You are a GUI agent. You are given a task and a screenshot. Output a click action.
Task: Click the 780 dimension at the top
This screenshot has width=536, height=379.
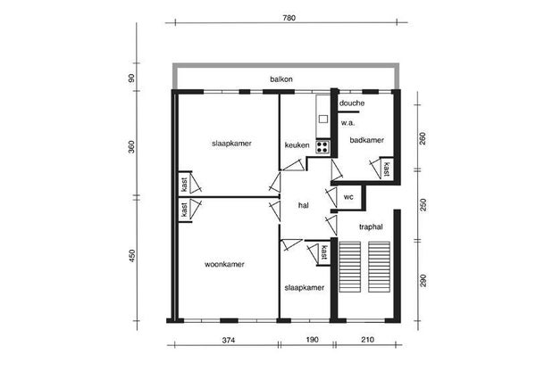pyautogui.click(x=289, y=18)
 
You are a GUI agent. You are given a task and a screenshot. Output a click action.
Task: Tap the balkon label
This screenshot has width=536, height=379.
pyautogui.click(x=281, y=79)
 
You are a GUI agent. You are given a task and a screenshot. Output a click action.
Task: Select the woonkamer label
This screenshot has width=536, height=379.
pyautogui.click(x=224, y=264)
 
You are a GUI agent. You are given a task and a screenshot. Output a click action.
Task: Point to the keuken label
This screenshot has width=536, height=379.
pyautogui.click(x=297, y=145)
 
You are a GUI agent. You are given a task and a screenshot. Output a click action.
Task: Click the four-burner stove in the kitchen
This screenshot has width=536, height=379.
pyautogui.click(x=322, y=147)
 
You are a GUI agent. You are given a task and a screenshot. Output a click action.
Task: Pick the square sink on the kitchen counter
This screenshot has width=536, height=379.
pyautogui.click(x=323, y=119)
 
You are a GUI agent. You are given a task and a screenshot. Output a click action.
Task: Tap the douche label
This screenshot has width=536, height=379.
pyautogui.click(x=352, y=103)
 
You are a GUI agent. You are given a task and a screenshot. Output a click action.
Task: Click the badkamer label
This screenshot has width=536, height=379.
pyautogui.click(x=367, y=140)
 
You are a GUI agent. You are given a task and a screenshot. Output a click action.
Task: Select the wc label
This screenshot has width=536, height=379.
pyautogui.click(x=348, y=197)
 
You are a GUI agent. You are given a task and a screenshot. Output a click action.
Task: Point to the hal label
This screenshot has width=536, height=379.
pyautogui.click(x=304, y=205)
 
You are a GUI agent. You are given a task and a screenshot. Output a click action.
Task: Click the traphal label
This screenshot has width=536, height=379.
pyautogui.click(x=371, y=227)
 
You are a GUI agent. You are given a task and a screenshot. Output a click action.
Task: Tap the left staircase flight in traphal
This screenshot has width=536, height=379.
pyautogui.click(x=349, y=267)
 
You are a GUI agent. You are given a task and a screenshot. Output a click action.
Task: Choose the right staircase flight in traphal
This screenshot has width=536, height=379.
pyautogui.click(x=379, y=267)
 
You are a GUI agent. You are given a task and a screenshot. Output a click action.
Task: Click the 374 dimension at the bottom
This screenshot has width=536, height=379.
pyautogui.click(x=229, y=340)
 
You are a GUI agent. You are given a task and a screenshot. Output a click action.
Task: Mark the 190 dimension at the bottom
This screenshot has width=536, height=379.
pyautogui.click(x=312, y=340)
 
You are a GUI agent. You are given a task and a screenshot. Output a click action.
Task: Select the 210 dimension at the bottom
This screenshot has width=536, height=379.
pyautogui.click(x=367, y=340)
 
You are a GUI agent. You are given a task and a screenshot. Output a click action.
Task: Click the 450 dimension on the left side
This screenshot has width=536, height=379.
pyautogui.click(x=132, y=256)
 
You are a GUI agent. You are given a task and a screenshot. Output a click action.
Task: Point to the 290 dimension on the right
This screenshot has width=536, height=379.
pyautogui.click(x=423, y=280)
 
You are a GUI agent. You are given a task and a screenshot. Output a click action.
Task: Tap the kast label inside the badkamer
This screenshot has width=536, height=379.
pyautogui.click(x=386, y=169)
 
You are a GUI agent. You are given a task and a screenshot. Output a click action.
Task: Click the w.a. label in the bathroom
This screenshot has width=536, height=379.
pyautogui.click(x=348, y=123)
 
